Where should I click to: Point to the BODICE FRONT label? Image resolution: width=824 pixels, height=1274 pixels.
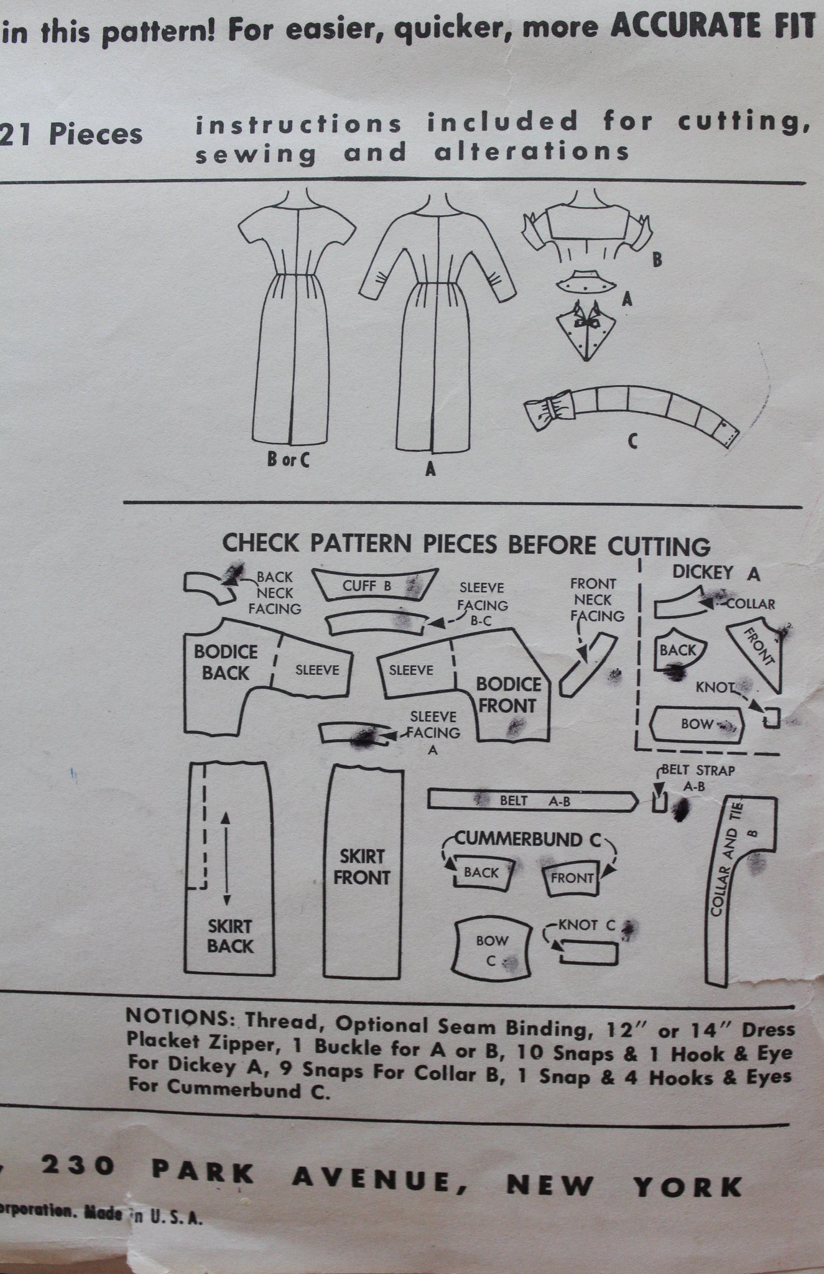coord(508,695)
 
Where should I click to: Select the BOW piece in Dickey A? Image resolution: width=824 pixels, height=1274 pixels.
coord(697,724)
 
